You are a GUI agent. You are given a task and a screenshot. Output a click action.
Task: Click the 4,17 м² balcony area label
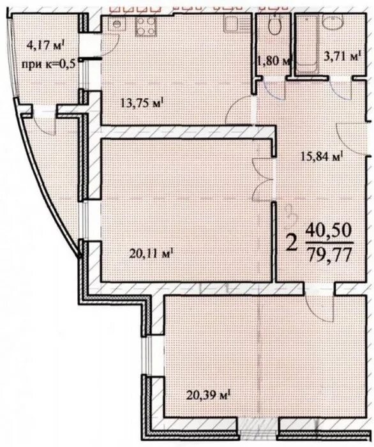[x=46, y=45]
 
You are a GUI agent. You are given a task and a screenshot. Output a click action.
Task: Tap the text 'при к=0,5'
[x=49, y=64]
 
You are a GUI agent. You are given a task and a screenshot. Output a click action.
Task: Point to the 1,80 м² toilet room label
[x=273, y=61]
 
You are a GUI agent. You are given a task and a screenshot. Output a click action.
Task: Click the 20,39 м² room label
[x=208, y=395]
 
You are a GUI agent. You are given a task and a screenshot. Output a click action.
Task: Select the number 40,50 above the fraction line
[x=329, y=231]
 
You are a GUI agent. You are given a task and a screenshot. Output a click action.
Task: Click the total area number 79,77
[x=329, y=254]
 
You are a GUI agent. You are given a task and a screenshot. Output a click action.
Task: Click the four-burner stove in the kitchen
[x=146, y=27]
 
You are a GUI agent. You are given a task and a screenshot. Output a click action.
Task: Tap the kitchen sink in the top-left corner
[x=117, y=24]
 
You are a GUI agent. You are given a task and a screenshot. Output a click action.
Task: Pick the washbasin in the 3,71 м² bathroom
[x=333, y=20]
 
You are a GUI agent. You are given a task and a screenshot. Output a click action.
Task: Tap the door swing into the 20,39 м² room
[x=320, y=308]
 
